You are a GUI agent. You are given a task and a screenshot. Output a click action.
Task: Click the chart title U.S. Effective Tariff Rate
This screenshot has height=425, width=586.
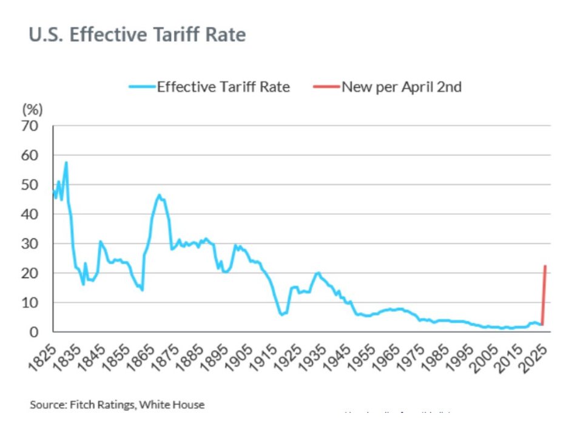[137, 35]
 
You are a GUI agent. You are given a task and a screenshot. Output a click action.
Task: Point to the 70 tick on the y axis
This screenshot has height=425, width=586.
[30, 126]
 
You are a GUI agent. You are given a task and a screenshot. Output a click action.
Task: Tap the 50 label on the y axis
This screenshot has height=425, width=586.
[30, 185]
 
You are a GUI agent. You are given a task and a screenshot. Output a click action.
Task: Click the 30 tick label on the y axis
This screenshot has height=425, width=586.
[30, 243]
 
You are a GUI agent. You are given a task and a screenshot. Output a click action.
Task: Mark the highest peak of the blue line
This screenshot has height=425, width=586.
[66, 162]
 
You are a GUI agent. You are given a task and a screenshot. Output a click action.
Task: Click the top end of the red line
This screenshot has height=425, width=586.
[545, 266]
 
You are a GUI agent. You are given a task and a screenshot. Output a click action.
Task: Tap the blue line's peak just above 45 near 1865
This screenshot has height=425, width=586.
[159, 195]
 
